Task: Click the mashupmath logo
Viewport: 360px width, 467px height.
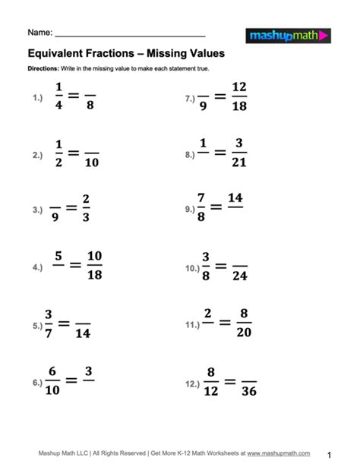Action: tap(288, 35)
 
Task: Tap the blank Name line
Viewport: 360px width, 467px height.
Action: tap(130, 35)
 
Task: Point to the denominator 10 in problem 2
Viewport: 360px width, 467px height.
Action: tap(91, 163)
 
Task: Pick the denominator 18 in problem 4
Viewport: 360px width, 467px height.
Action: tap(94, 275)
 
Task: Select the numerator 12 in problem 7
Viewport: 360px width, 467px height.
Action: tap(240, 88)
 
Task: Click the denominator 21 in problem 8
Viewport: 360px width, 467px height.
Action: tap(239, 162)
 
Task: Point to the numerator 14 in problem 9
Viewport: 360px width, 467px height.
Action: tap(235, 199)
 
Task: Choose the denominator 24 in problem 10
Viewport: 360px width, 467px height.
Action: tap(240, 276)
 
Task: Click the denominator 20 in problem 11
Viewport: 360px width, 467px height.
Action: tap(243, 331)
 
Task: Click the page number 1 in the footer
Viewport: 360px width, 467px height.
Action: tap(329, 453)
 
